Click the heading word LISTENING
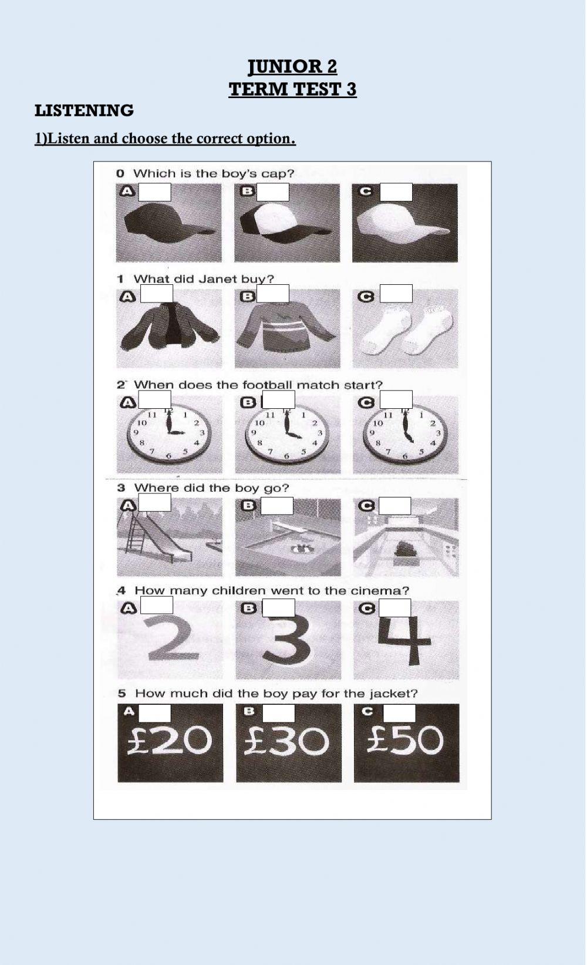point(84,110)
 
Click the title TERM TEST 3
point(292,89)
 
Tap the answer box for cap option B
point(273,192)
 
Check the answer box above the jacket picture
point(157,294)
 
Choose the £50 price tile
point(406,743)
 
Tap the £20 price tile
point(170,743)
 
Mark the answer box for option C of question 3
point(394,505)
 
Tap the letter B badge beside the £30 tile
point(249,711)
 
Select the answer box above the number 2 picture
point(157,605)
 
